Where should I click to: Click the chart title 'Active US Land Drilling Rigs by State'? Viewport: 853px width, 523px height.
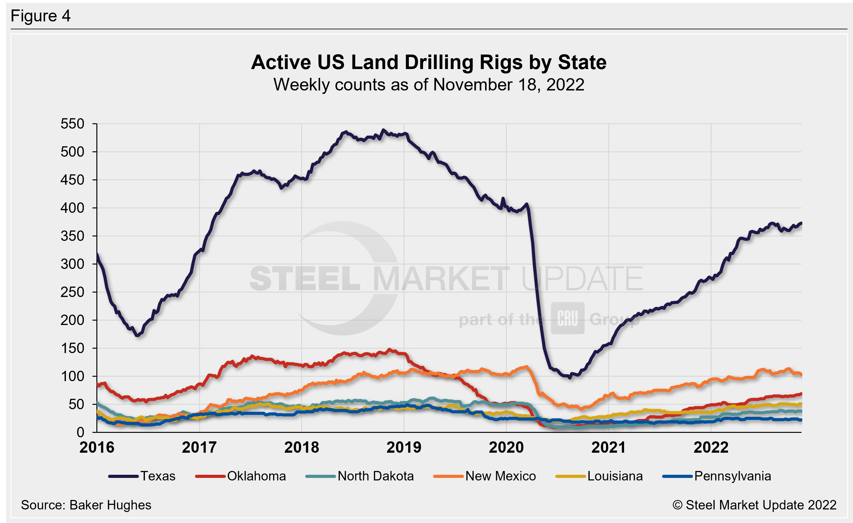[429, 62]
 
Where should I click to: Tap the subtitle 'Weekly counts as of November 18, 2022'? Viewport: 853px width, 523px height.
[429, 85]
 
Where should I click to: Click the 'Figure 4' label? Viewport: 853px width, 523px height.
[41, 16]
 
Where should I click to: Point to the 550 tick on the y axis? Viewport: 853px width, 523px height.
[72, 124]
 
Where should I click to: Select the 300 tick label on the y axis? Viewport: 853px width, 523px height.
[72, 264]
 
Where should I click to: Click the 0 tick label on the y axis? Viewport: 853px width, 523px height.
[80, 432]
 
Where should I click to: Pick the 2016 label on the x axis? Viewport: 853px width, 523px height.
[97, 447]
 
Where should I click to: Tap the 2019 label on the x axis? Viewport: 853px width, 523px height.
[404, 447]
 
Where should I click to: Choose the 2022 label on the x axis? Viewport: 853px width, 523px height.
[711, 447]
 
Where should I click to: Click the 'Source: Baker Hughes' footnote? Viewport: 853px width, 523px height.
[86, 505]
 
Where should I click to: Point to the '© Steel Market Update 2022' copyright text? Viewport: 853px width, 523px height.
[754, 505]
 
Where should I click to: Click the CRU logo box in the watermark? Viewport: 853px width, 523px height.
[567, 318]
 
